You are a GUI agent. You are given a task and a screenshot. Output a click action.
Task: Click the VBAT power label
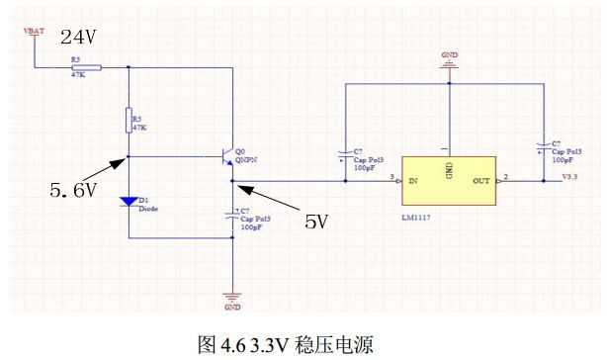(34, 31)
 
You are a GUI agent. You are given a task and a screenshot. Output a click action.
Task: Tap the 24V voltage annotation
(79, 37)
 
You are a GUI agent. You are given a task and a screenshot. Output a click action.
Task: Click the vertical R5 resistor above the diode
(130, 122)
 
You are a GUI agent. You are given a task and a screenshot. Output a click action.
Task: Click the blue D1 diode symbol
(130, 202)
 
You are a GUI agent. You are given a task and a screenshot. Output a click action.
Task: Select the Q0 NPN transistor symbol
(226, 156)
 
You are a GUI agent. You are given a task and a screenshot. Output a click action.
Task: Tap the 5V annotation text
(315, 222)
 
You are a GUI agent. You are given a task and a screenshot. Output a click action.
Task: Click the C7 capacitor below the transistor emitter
(231, 217)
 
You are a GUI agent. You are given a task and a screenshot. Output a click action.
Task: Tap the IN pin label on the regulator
(412, 181)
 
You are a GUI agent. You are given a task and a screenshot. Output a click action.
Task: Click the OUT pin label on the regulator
(481, 181)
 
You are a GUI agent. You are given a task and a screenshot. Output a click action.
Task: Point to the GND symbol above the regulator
(450, 61)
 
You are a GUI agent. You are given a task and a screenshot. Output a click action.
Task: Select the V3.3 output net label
(568, 177)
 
